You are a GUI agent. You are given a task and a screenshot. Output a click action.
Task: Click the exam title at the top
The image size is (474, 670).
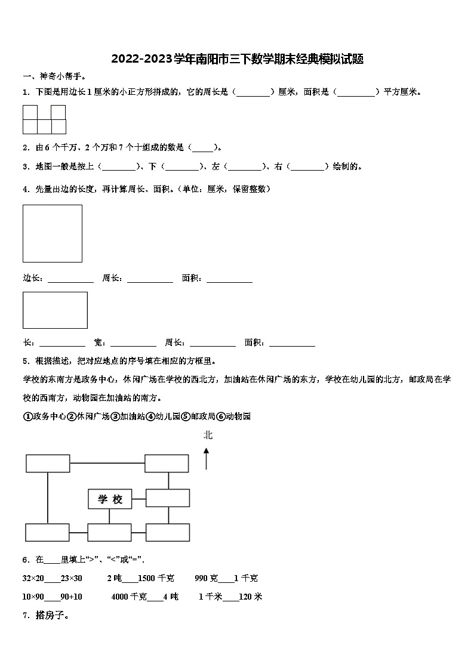(237, 58)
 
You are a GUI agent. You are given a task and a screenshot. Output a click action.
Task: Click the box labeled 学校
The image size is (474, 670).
(110, 499)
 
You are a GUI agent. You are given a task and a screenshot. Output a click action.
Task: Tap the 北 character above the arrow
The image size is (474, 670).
(208, 435)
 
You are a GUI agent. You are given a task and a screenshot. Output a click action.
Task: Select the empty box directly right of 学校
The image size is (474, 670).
(167, 498)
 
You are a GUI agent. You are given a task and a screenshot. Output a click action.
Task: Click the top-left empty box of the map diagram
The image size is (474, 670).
(48, 463)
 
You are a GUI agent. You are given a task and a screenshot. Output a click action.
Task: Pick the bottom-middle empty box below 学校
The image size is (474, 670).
(109, 532)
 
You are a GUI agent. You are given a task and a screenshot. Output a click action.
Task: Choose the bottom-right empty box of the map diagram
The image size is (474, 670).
(167, 532)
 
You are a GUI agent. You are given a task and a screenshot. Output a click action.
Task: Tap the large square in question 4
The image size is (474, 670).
(53, 233)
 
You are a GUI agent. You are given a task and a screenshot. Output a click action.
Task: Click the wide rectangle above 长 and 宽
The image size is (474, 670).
(55, 310)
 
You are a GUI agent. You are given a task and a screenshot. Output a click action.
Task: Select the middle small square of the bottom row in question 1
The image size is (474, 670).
(44, 126)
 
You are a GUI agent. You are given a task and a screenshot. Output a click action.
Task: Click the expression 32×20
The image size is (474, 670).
(33, 578)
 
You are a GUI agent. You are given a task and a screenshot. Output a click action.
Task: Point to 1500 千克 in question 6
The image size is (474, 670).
(156, 578)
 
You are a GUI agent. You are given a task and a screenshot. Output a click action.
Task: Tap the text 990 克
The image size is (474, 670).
(206, 578)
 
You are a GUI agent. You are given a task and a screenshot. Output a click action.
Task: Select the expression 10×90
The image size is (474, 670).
(33, 597)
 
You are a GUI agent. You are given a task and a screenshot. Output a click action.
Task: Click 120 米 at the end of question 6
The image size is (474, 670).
(250, 597)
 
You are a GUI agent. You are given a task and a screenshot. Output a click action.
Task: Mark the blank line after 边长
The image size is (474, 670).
(70, 281)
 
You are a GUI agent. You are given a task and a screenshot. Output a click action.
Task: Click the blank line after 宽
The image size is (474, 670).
(133, 345)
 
